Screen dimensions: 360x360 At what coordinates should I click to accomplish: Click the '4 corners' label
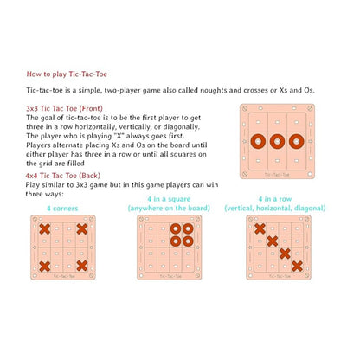63,209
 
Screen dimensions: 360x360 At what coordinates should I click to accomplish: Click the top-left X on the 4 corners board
44,229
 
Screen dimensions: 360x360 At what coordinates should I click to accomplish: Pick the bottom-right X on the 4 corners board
81,266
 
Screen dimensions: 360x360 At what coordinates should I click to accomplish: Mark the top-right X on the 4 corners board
81,229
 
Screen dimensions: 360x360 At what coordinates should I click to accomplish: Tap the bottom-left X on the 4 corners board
44,266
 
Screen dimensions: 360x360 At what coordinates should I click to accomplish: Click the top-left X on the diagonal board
259,228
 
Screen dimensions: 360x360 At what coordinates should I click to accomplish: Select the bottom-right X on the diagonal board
297,266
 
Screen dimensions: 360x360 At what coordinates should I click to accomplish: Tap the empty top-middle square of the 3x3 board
277,120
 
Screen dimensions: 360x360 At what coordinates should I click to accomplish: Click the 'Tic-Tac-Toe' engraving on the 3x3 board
277,174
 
